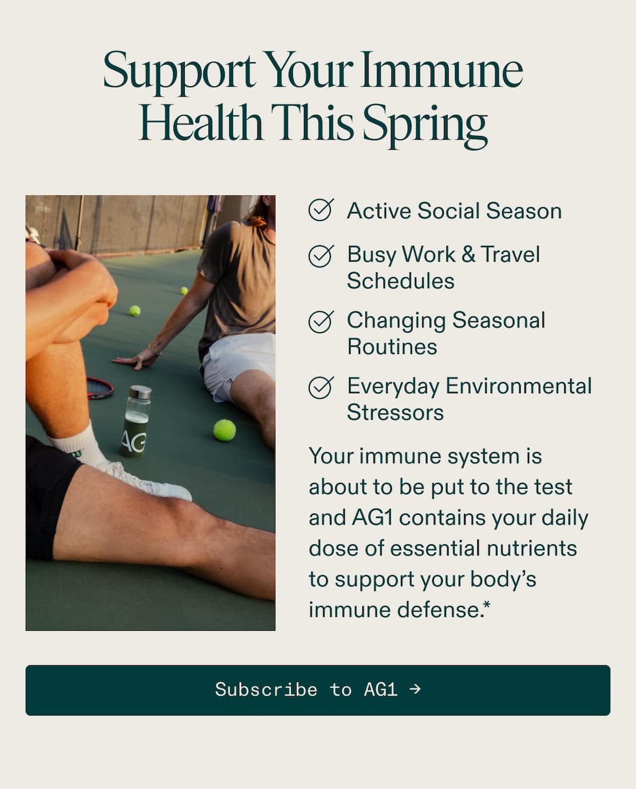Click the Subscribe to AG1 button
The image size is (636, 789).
318,690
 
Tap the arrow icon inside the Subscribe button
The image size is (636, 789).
414,689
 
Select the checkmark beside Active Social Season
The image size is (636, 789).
321,210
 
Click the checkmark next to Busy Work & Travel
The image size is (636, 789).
321,256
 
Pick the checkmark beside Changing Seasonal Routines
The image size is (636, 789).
321,321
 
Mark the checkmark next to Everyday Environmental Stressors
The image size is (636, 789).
321,387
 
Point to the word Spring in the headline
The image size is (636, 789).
425,124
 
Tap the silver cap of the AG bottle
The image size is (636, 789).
140,392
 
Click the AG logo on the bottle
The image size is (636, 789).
133,441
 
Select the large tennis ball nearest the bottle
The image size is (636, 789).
224,430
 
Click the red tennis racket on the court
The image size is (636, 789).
99,388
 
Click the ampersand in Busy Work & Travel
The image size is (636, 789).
468,254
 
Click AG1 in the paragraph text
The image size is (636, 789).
373,518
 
